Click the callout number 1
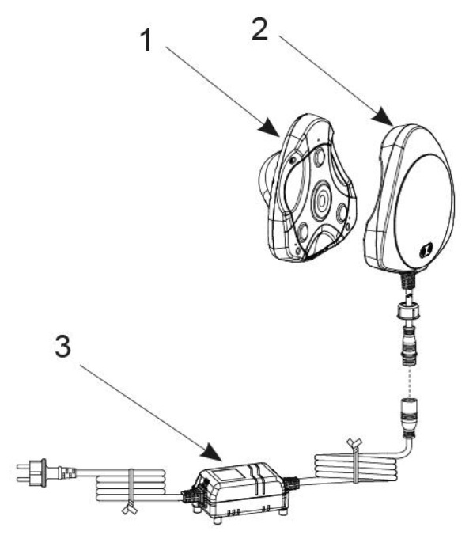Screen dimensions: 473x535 146,40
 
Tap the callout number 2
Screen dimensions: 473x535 259,29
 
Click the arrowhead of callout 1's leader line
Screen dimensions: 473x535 271,128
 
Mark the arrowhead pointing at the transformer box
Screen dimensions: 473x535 212,453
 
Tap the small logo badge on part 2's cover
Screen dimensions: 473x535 426,250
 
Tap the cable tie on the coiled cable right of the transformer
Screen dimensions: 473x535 355,461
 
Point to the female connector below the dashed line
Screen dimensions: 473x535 410,417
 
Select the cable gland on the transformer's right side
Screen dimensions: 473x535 292,482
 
